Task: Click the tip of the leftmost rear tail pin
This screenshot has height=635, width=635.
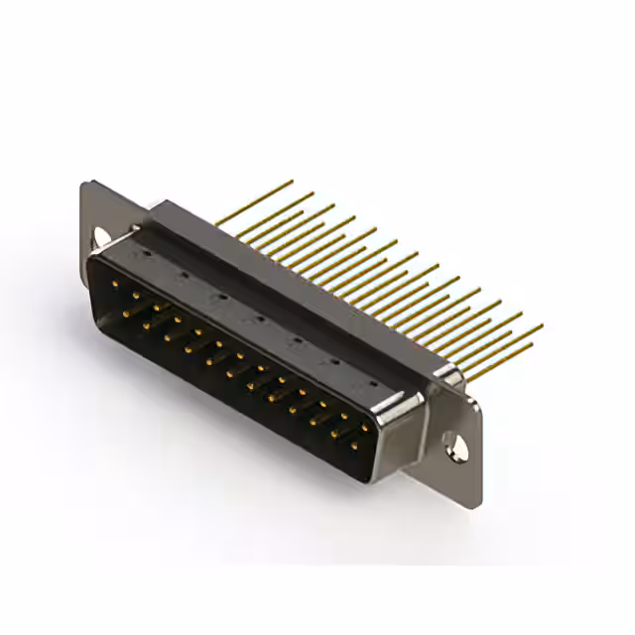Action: point(292,182)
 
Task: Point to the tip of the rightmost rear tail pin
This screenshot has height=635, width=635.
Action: point(542,324)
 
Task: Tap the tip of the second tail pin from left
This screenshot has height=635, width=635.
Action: point(313,193)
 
